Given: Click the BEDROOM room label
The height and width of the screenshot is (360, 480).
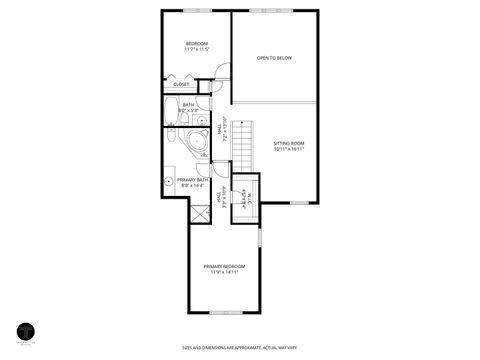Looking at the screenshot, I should [x=196, y=43].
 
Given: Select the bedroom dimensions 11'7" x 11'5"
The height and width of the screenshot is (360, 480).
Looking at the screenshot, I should [x=196, y=49].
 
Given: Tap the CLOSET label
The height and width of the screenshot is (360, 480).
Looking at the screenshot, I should [x=181, y=84].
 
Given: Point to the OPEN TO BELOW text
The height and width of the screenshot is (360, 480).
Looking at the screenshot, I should [x=273, y=58].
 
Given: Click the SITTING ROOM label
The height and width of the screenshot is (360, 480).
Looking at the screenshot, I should [x=288, y=143].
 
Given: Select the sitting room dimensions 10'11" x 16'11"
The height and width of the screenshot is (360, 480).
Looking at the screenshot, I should [x=288, y=149].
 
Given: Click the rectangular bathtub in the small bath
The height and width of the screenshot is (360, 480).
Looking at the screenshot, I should [x=172, y=116].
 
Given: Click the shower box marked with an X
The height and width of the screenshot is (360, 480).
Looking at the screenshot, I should [x=177, y=212].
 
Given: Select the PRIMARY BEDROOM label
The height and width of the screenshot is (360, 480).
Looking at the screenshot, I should [x=224, y=266].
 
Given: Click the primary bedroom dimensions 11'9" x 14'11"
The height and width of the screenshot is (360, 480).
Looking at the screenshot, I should [x=224, y=272].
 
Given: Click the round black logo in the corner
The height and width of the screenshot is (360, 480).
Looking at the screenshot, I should [x=25, y=331].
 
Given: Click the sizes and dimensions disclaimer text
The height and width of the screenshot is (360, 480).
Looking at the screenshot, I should [x=239, y=348].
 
